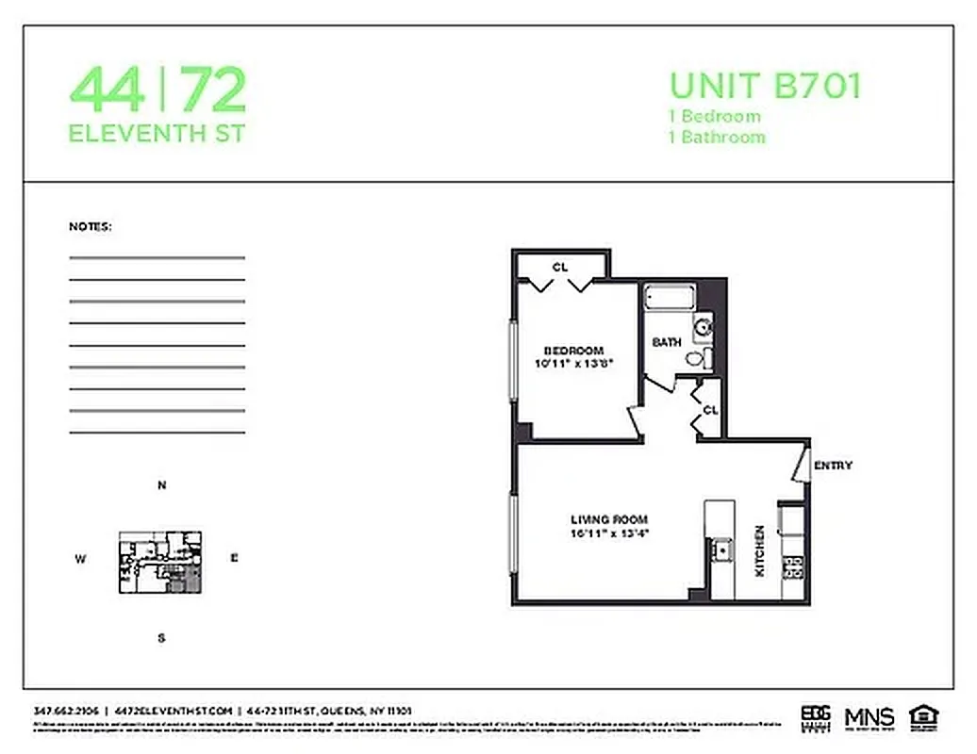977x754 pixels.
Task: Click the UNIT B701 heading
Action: [x=765, y=86]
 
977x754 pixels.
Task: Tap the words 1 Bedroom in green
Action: [x=715, y=117]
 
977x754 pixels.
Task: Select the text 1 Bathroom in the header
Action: [x=717, y=138]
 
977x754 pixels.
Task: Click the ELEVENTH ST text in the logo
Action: [x=157, y=133]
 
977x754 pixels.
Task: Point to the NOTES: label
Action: [x=91, y=227]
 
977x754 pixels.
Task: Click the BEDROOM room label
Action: [x=573, y=351]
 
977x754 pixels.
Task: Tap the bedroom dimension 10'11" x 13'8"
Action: [x=573, y=363]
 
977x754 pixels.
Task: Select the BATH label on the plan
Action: [x=667, y=342]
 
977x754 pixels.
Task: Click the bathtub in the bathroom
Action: [x=670, y=299]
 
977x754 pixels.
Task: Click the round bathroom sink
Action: [x=703, y=329]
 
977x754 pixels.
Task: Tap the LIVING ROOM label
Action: [x=609, y=519]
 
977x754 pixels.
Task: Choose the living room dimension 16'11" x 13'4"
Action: [x=609, y=533]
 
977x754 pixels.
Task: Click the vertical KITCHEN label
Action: [x=759, y=550]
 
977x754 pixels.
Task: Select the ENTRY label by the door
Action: [x=833, y=466]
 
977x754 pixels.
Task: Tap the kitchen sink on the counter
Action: [x=721, y=549]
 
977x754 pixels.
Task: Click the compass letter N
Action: [x=161, y=486]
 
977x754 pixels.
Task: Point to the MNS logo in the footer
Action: [x=869, y=717]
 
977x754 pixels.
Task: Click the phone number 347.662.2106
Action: [x=64, y=711]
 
